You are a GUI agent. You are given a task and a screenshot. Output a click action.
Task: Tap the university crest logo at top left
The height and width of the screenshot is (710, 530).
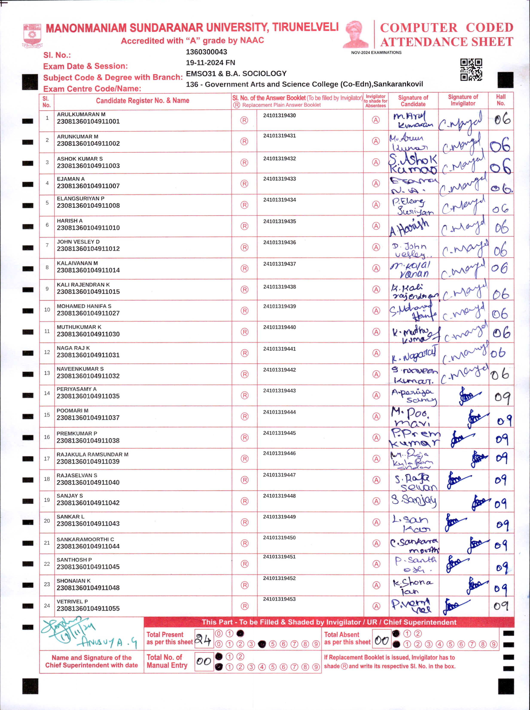[x=32, y=35]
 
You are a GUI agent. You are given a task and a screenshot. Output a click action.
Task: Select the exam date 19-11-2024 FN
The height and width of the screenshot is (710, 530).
[x=210, y=63]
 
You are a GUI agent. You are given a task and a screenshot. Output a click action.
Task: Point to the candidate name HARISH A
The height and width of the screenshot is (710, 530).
[x=70, y=221]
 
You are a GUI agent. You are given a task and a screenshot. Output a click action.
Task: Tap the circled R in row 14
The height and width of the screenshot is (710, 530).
[x=245, y=395]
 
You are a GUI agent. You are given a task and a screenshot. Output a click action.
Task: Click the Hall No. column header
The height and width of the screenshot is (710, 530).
[x=501, y=100]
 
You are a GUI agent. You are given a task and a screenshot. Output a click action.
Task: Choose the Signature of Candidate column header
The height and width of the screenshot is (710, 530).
[x=413, y=101]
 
